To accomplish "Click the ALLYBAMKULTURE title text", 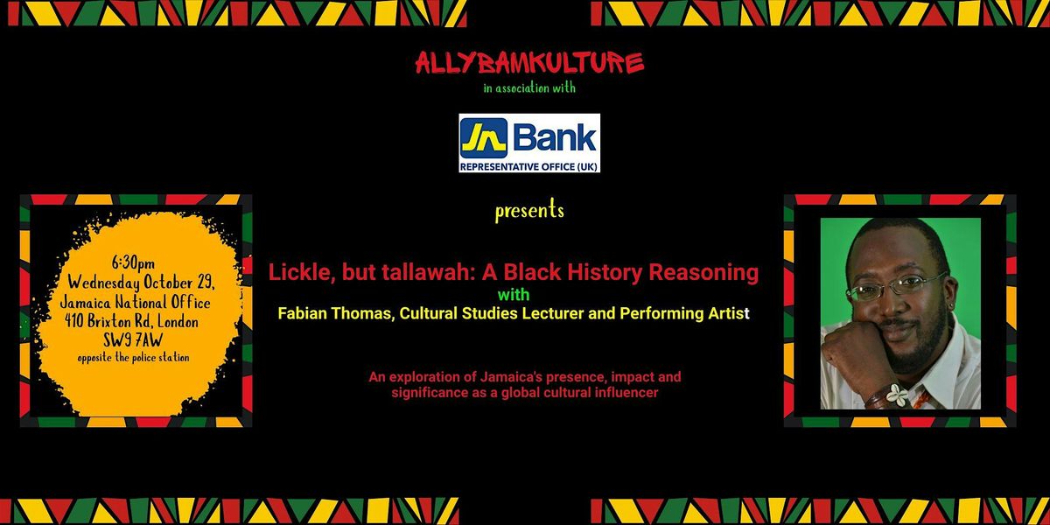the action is [x=529, y=63].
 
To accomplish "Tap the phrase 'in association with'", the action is [x=529, y=87].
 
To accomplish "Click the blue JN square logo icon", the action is [x=483, y=138].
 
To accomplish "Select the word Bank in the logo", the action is [x=555, y=138].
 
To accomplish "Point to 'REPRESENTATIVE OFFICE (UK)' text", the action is [x=529, y=166].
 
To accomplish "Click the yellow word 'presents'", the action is [x=529, y=211].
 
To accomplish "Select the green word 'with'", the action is [x=514, y=295].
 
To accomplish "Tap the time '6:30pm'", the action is [x=133, y=263].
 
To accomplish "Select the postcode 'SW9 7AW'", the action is [x=133, y=340].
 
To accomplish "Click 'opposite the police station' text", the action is [x=134, y=358].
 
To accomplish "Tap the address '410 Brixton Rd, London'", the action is [x=132, y=321].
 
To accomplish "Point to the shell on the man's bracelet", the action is [x=897, y=395].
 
